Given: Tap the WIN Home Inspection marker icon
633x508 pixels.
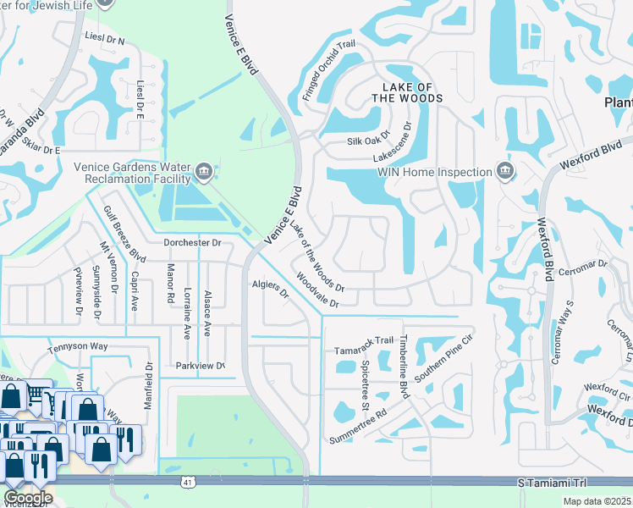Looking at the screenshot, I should tap(504, 172).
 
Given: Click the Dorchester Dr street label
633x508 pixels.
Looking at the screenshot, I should tap(192, 242).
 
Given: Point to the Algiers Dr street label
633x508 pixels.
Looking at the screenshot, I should tap(271, 290).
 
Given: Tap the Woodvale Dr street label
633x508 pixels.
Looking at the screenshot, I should tap(317, 290).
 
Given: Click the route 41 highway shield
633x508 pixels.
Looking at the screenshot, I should tap(184, 482).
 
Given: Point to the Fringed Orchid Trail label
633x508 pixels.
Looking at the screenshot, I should tap(332, 72).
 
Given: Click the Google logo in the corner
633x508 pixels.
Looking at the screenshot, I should tap(28, 497).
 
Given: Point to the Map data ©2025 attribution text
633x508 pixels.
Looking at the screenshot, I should tap(596, 501).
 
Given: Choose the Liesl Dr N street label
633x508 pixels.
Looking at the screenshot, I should tap(105, 38).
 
